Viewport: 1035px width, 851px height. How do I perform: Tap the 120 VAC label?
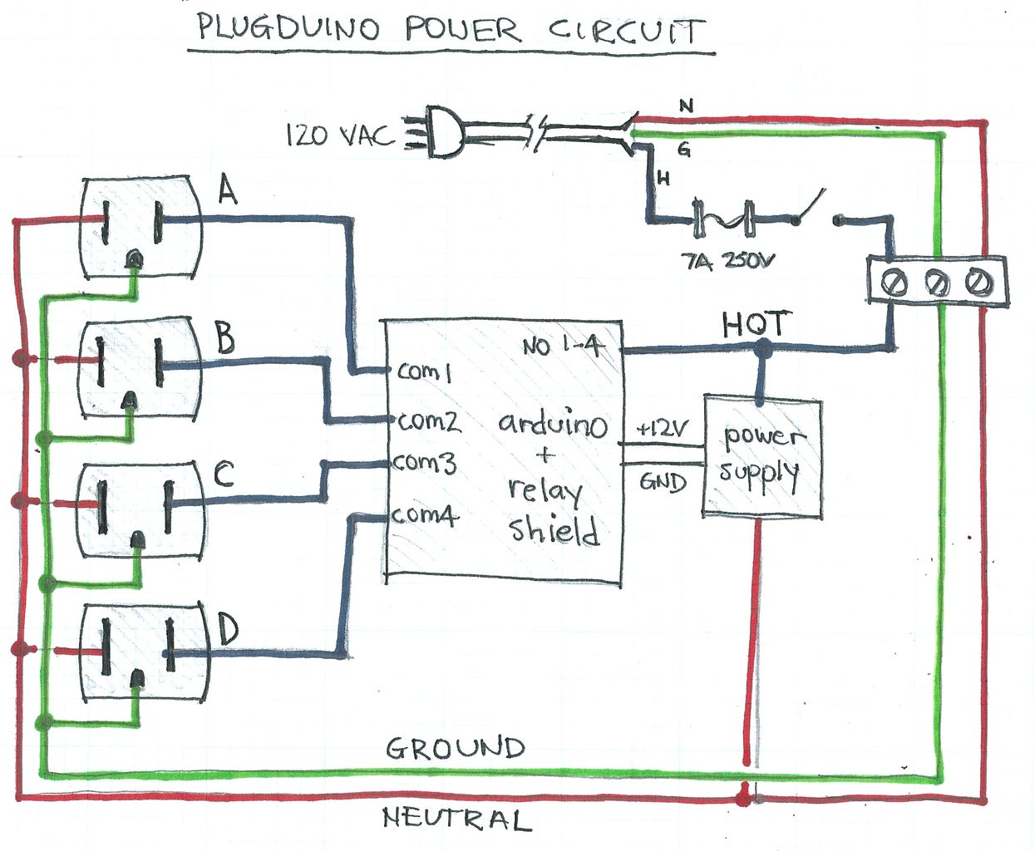click(338, 135)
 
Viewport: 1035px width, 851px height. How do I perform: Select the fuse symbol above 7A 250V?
click(723, 219)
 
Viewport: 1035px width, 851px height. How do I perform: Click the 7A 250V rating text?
click(727, 261)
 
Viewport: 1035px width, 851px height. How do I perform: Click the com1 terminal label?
click(424, 371)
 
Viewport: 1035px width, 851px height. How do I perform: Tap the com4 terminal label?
click(425, 515)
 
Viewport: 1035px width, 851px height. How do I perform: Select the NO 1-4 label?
click(563, 346)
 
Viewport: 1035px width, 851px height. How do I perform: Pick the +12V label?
click(662, 429)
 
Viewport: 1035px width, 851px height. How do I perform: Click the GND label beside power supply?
click(663, 482)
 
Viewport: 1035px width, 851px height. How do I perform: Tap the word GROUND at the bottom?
click(456, 748)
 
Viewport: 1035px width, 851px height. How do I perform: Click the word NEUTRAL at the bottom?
click(456, 819)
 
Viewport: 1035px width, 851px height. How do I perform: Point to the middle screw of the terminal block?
click(937, 284)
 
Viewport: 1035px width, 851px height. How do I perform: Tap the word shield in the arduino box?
click(554, 529)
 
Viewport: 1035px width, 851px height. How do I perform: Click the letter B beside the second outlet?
click(224, 337)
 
